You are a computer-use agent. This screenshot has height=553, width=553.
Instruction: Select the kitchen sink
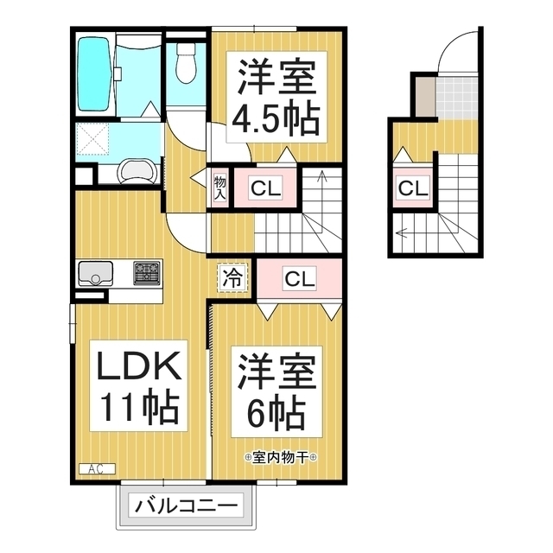click(x=96, y=273)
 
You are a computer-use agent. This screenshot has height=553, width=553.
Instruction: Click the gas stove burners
click(x=146, y=273)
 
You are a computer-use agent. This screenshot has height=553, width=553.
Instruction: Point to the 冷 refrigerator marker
click(x=232, y=277)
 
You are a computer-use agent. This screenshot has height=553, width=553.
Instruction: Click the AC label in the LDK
click(x=96, y=468)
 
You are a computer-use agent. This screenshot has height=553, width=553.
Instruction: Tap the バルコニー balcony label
click(x=187, y=506)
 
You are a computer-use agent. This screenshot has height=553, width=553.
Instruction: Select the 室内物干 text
click(x=280, y=457)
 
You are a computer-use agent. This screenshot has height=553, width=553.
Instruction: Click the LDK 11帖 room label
click(x=138, y=386)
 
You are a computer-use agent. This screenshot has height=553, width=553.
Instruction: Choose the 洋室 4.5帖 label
click(x=276, y=98)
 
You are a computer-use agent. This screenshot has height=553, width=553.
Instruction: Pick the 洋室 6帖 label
click(x=276, y=391)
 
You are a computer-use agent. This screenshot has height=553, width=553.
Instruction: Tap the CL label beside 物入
click(x=265, y=188)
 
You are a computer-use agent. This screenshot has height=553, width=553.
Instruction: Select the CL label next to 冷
click(x=300, y=278)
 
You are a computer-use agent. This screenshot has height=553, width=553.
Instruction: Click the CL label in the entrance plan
click(x=413, y=188)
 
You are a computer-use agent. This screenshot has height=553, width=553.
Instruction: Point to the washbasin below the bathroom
click(x=137, y=171)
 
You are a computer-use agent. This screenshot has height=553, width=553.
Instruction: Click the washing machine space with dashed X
click(x=92, y=138)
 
